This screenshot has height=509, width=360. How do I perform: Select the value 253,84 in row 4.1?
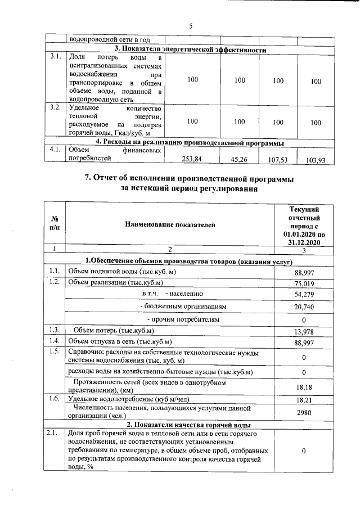[192, 159]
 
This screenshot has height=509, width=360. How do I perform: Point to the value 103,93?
[316, 160]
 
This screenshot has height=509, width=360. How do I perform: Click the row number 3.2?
[55, 107]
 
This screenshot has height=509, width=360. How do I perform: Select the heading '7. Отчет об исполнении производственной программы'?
[189, 178]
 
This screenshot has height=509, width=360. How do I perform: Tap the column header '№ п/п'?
[55, 225]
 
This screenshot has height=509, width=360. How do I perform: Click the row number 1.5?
[55, 353]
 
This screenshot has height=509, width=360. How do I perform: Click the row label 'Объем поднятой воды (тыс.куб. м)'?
[122, 272]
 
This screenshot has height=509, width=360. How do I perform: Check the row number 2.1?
[55, 433]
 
